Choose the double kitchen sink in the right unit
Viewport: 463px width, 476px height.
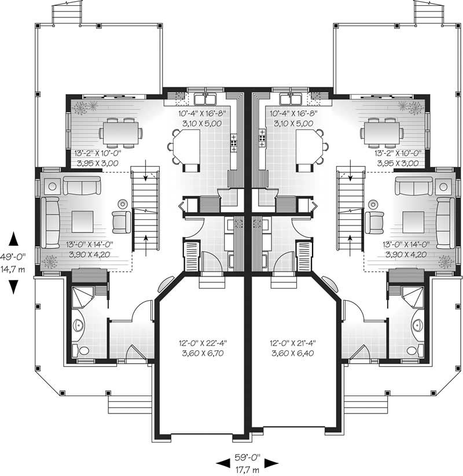tap(288, 96)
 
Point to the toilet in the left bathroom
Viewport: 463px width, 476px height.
tap(84, 350)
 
